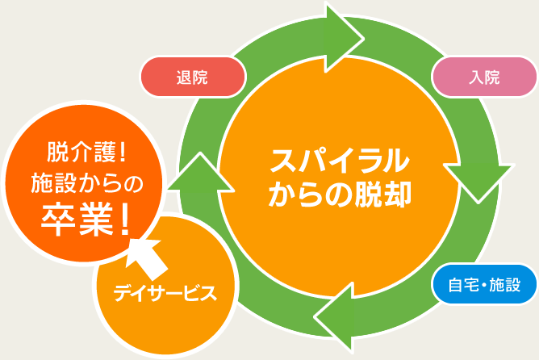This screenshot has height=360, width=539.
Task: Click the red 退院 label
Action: click(192, 77)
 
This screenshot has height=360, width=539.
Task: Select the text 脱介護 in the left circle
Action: click(78, 150)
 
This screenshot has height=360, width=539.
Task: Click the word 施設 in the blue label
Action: click(504, 284)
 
